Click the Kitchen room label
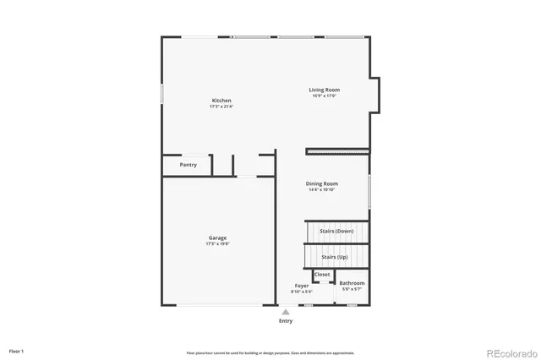point(221,101)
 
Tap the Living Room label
point(324,90)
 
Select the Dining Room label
point(322,183)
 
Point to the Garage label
point(217,238)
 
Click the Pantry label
point(188,165)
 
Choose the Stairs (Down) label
point(336,231)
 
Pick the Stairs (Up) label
point(334,257)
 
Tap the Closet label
point(322,275)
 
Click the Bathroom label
point(352,283)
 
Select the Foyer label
point(302,286)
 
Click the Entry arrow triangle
point(286,312)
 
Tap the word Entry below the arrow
point(286,321)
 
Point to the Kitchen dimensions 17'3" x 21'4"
point(221,106)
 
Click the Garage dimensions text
point(217,244)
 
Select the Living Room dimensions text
point(324,95)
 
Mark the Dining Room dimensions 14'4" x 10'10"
point(322,189)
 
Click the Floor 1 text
point(17,351)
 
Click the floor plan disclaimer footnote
point(270,353)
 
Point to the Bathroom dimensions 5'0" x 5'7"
point(352,289)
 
